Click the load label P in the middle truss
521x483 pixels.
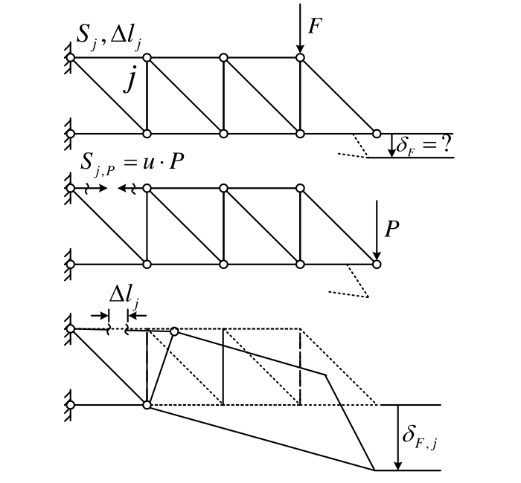click(393, 228)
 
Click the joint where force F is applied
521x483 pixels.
click(300, 57)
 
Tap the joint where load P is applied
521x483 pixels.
click(377, 264)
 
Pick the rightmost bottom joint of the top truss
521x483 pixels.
click(377, 134)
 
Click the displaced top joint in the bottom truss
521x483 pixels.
click(174, 331)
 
